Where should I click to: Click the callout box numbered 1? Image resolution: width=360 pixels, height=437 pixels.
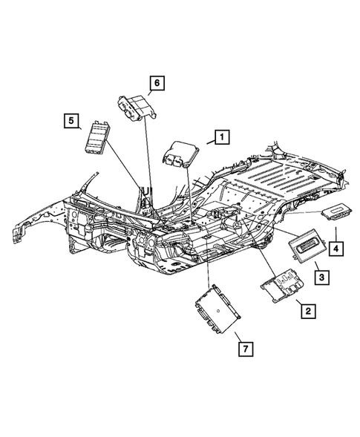tap(220, 137)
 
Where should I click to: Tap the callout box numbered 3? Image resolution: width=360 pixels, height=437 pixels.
tap(321, 277)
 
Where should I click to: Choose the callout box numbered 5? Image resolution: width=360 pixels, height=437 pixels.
tap(70, 121)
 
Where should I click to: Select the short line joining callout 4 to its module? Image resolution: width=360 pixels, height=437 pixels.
tap(336, 231)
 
